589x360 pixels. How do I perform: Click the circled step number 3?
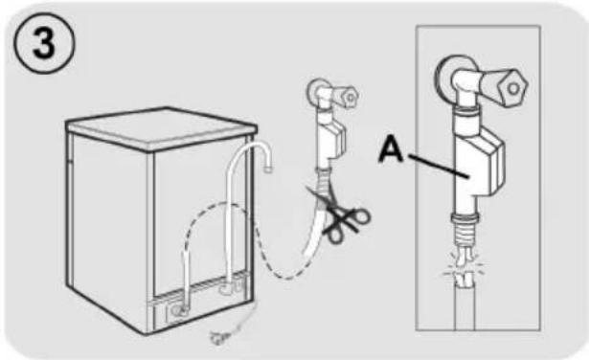(x=44, y=43)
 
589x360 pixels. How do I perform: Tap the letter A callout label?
(x=392, y=149)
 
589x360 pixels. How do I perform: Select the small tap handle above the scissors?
(x=346, y=96)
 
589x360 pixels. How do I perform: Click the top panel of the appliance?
(x=162, y=127)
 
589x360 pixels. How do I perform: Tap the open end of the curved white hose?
(x=267, y=169)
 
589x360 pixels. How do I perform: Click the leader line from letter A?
(x=438, y=166)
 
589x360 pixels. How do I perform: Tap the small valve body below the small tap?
(x=330, y=140)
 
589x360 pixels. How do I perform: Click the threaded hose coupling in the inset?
(x=465, y=228)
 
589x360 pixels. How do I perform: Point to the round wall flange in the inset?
(x=447, y=77)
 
